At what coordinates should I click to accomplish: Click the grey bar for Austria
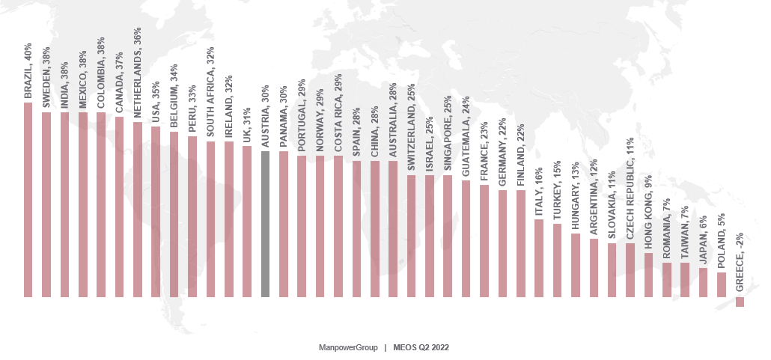point(265,224)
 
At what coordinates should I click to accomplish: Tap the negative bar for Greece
point(740,302)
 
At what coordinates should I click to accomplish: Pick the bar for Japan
point(703,282)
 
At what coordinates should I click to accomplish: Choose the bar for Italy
point(539,257)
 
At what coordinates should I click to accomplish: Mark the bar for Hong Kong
point(648,275)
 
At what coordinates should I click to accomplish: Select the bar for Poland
point(722,284)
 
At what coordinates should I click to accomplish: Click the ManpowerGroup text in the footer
point(346,348)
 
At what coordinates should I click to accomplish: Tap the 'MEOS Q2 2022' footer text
point(421,348)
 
